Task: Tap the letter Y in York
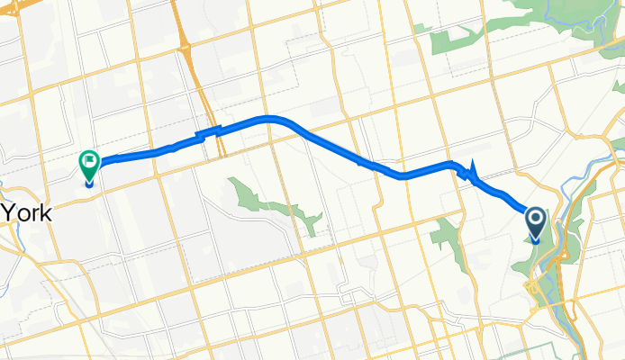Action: click(x=9, y=213)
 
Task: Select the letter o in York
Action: click(x=24, y=215)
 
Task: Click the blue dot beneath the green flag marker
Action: click(x=89, y=183)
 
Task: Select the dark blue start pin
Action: click(x=535, y=221)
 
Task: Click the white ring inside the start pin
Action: click(x=535, y=218)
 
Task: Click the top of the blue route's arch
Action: click(x=270, y=118)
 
